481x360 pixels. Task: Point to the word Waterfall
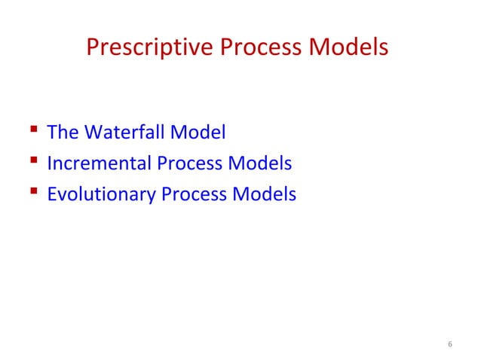point(122,133)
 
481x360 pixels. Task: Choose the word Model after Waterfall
point(198,133)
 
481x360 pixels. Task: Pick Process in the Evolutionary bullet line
point(193,194)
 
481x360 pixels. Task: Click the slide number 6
point(450,345)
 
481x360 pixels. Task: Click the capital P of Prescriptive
point(93,48)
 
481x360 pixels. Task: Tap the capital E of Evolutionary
point(51,194)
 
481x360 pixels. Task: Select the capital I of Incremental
point(49,163)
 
